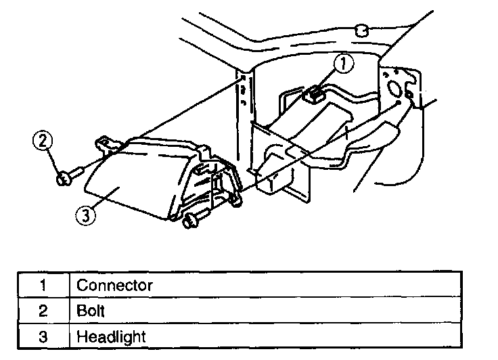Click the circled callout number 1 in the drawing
click(344, 64)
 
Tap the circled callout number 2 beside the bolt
click(43, 141)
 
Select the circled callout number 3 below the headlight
click(84, 216)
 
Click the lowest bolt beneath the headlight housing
click(190, 220)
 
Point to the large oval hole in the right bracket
click(392, 87)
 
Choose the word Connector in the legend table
click(114, 285)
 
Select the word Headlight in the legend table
click(110, 336)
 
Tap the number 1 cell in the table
click(43, 285)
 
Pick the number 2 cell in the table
click(43, 310)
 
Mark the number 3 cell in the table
click(43, 336)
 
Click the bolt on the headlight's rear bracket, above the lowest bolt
click(235, 199)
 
